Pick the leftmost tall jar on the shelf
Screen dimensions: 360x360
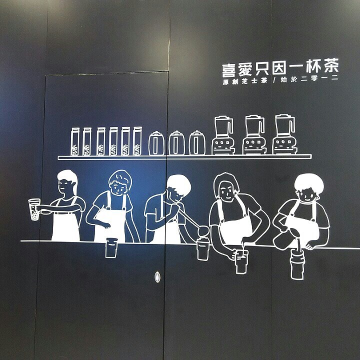(x=75, y=141)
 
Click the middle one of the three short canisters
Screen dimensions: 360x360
(x=176, y=143)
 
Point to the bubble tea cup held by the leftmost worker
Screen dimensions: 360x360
(x=34, y=209)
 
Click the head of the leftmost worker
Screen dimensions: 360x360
(x=66, y=183)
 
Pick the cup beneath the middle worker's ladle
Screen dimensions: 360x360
(x=202, y=249)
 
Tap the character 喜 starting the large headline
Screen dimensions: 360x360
(x=230, y=69)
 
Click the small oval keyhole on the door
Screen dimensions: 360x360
(x=158, y=275)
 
